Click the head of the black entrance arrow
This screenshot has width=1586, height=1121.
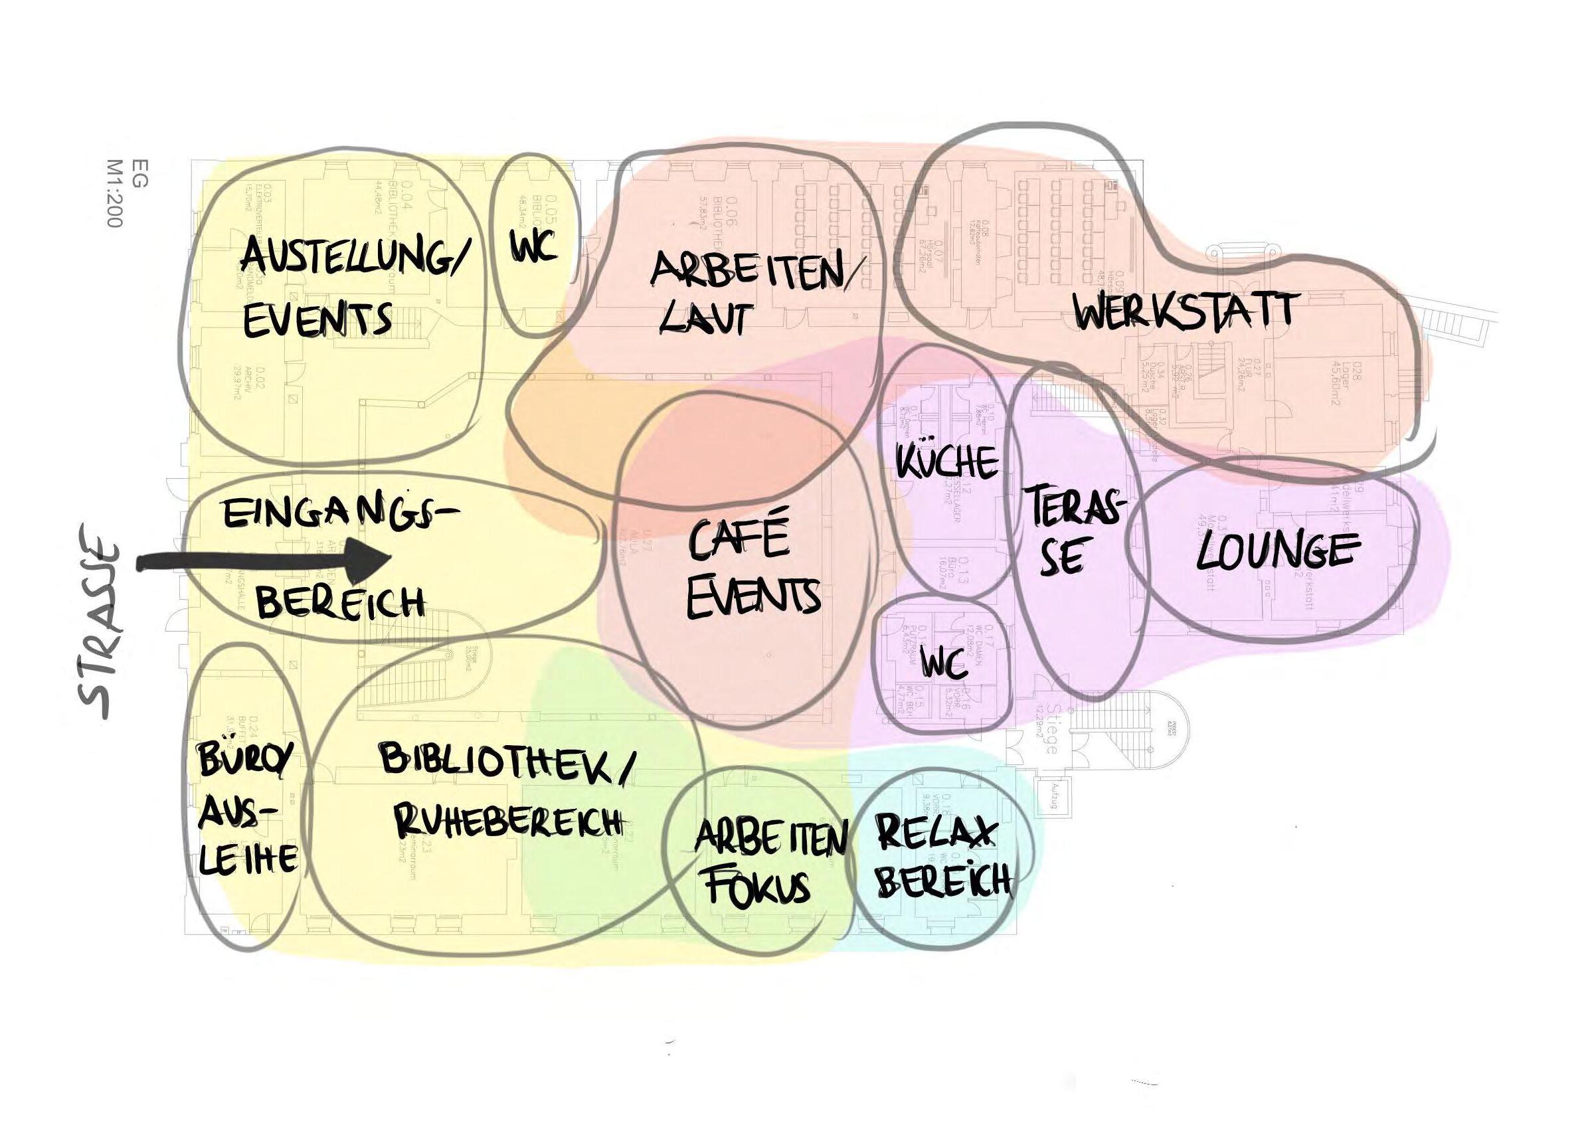point(369,562)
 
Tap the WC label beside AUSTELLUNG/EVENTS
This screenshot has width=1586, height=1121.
point(534,246)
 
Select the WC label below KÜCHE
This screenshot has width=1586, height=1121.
point(943,666)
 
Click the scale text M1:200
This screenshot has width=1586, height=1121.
point(115,194)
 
